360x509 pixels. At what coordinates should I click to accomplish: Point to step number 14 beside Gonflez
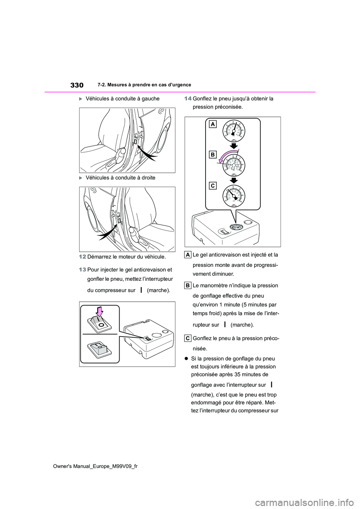tap(187, 99)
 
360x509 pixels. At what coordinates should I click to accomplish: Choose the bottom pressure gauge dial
tap(233, 196)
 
